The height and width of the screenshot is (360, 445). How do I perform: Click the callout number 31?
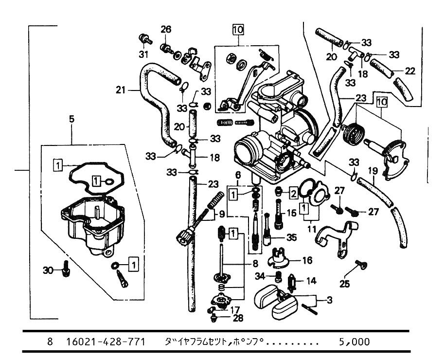[143, 54]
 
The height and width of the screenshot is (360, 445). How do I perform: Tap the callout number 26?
[166, 30]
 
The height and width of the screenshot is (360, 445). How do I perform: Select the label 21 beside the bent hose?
[122, 90]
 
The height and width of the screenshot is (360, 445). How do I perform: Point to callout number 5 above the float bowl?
[71, 118]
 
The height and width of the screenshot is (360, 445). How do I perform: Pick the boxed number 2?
[293, 194]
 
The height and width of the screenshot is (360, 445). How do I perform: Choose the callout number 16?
[307, 260]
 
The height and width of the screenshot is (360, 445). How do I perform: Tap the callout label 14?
[311, 281]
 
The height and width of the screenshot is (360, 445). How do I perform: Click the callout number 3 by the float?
[329, 300]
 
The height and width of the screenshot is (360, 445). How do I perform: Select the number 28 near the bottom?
[238, 319]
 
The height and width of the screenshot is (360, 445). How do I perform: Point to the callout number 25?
[344, 284]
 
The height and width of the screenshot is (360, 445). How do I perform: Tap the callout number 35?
[291, 238]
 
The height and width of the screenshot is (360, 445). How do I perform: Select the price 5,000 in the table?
[354, 342]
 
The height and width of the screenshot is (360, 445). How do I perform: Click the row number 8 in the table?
[50, 342]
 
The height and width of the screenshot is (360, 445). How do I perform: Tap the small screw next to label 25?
[361, 265]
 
